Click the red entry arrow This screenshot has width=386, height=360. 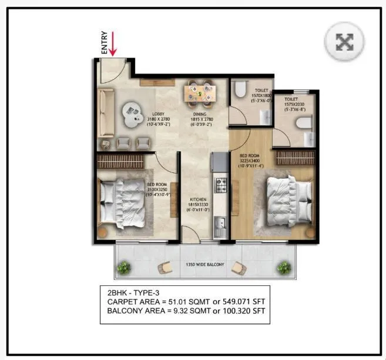[112, 45]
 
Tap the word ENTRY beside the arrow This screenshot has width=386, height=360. [105, 43]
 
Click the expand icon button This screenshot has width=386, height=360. [344, 41]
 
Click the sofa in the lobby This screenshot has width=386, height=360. [106, 112]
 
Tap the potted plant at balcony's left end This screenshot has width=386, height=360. [123, 268]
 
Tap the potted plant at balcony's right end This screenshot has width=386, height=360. [286, 268]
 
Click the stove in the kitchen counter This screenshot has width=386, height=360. [221, 184]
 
